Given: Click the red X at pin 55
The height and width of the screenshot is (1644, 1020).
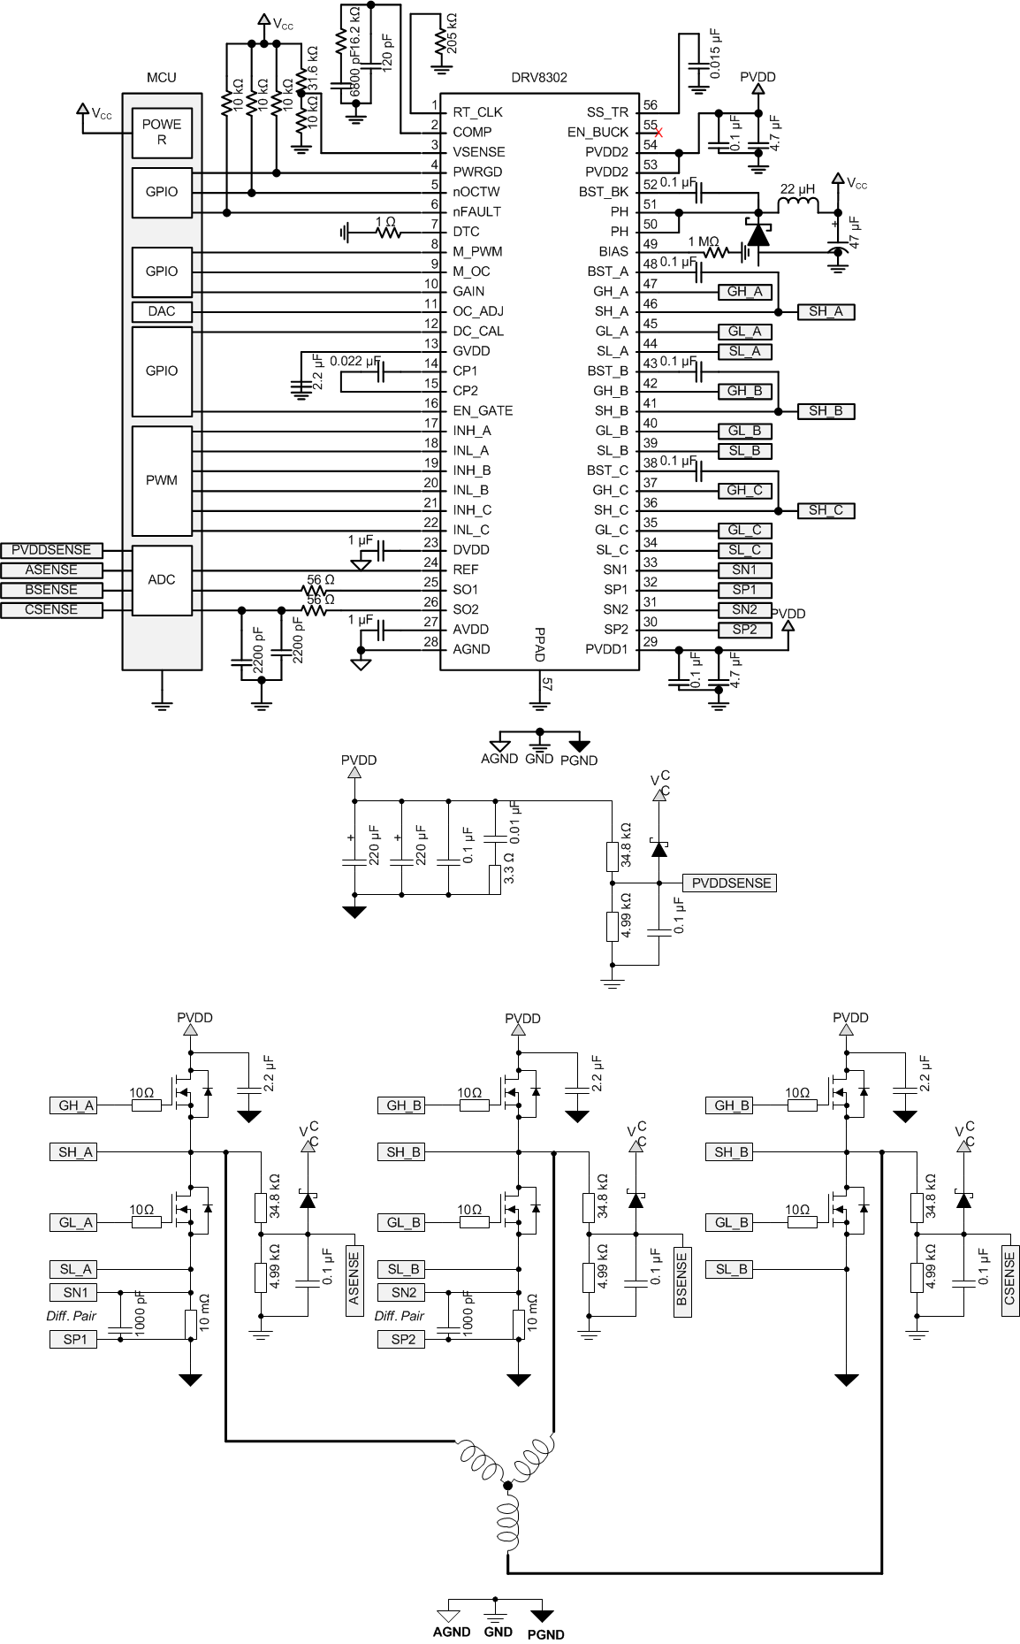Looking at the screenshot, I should pos(658,132).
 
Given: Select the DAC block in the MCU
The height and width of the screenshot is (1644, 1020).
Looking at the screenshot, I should pos(162,311).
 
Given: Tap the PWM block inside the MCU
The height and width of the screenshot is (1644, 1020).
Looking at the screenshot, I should pos(162,480).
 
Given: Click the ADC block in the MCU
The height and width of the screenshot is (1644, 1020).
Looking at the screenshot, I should pos(162,580).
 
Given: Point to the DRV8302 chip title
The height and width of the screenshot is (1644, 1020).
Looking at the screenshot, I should pos(539,78).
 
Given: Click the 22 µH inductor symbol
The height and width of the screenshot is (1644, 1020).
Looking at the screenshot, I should pos(797,205).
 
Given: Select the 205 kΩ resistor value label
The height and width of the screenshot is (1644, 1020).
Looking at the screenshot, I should pos(452,34).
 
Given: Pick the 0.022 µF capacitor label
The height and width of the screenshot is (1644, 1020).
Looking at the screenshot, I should pos(354,362).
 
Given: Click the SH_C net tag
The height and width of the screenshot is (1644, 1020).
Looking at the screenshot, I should pos(826,510).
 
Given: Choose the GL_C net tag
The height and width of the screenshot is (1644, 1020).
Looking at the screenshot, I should pos(744,531).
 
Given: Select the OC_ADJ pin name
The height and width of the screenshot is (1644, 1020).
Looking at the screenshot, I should pos(478,311).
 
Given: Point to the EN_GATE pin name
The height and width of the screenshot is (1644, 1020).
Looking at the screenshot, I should pos(483,410).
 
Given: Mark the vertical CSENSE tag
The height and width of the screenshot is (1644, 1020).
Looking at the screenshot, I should pos(1010,1281).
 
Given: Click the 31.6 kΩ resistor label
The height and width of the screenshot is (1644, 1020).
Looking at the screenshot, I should pos(312,67).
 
